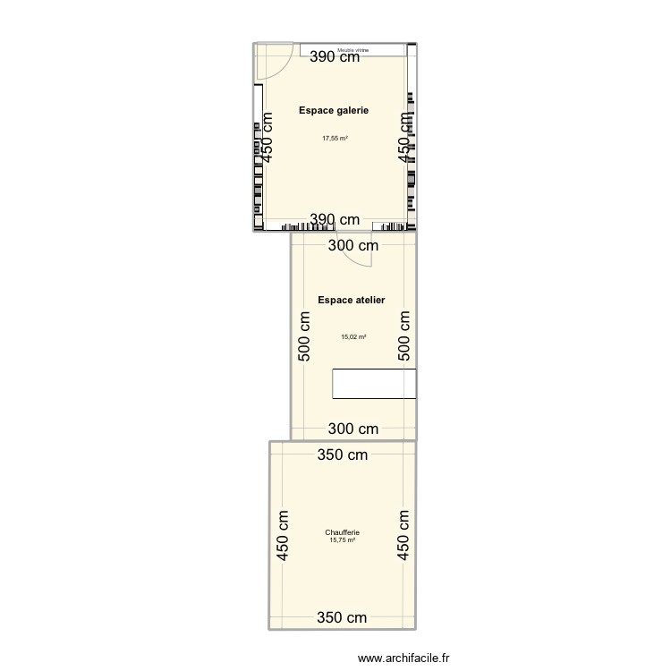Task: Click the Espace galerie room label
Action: click(x=334, y=110)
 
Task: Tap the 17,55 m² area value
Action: click(x=335, y=138)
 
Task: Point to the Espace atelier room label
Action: click(x=351, y=301)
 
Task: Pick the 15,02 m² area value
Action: click(x=353, y=337)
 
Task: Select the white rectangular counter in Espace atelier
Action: click(x=374, y=383)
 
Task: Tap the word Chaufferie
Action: click(x=342, y=533)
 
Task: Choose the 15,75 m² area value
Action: click(x=342, y=539)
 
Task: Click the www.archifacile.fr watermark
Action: click(x=403, y=659)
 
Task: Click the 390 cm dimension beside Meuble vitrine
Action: click(x=335, y=58)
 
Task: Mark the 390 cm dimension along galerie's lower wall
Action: click(x=335, y=220)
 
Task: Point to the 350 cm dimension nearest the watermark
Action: click(x=342, y=617)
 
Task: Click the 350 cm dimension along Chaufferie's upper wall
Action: click(x=342, y=455)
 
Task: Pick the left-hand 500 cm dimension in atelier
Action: click(x=304, y=335)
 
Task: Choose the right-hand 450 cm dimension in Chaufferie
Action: click(x=403, y=535)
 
